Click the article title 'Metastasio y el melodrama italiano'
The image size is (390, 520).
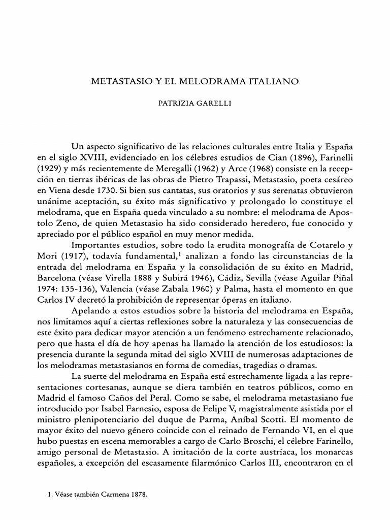[194, 81]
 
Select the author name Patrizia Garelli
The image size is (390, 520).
[194, 102]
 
